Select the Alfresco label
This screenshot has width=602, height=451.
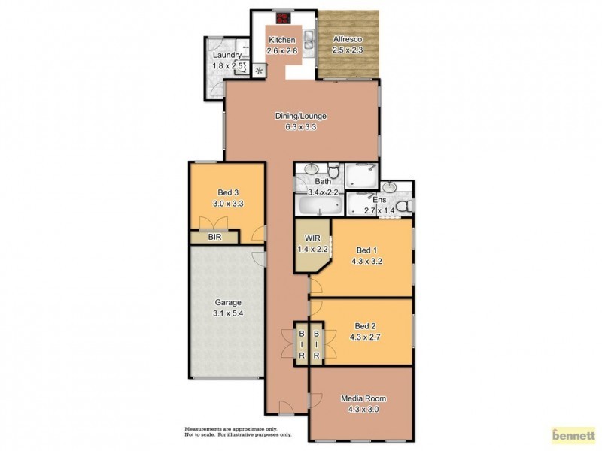(x=348, y=39)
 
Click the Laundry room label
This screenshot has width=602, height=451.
(x=227, y=55)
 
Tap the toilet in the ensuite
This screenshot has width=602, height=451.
(x=403, y=206)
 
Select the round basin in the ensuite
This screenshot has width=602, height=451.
(x=389, y=186)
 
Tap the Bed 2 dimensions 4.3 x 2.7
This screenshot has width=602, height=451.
(x=364, y=337)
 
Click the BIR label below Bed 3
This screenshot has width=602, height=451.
(x=214, y=237)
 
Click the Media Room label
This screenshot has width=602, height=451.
(x=360, y=398)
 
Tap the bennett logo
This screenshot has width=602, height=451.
(x=573, y=434)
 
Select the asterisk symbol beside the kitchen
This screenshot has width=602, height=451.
(x=260, y=71)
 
